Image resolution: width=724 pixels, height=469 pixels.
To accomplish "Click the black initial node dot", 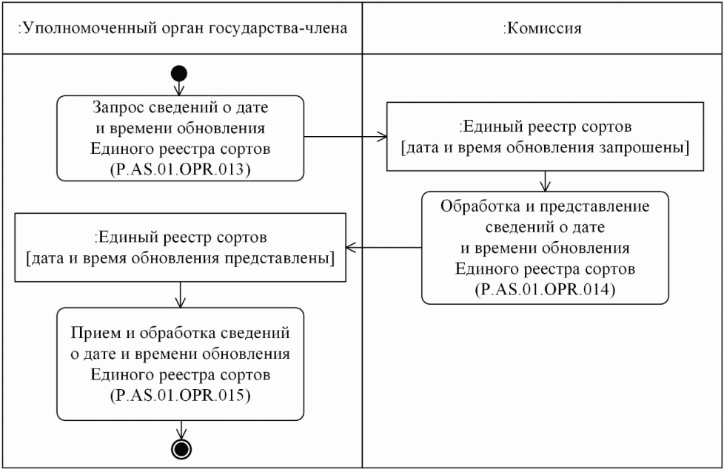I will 179,73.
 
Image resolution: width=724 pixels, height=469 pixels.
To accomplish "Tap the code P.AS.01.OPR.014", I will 544,289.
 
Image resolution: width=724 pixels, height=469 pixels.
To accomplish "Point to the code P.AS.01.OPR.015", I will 180,394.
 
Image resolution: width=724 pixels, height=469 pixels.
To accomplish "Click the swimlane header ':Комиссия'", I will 542,29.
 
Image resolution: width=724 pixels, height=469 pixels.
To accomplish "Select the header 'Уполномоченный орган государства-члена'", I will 182,29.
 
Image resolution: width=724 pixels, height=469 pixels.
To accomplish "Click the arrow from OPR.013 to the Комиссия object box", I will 346,137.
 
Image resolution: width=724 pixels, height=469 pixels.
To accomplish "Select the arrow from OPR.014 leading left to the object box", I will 385,248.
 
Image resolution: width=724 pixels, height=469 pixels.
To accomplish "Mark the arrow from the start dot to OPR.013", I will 179,87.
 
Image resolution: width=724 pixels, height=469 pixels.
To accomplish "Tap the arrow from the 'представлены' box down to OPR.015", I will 179,294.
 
